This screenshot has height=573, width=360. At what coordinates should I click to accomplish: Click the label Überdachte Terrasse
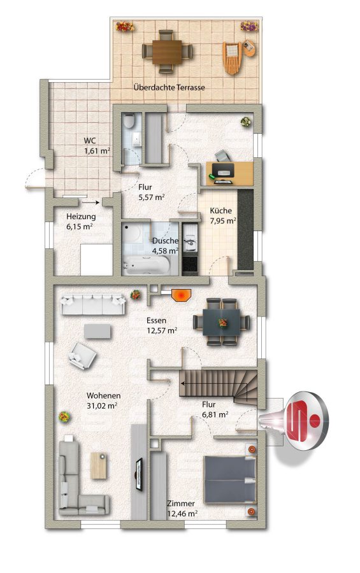169,88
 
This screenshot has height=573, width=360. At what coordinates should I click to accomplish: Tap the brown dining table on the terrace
167,52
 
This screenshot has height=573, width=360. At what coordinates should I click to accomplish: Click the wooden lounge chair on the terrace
232,57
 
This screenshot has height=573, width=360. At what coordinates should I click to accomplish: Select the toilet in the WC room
129,121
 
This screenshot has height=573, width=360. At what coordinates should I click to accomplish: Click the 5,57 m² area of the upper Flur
151,197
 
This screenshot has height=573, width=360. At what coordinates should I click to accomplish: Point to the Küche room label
220,211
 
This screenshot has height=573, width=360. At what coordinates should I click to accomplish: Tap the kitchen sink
189,243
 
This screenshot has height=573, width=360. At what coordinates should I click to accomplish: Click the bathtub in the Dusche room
146,265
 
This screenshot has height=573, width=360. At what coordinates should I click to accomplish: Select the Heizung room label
81,216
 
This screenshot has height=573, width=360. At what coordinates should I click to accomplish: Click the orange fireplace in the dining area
181,295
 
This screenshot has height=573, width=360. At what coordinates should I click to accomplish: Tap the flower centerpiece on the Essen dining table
222,322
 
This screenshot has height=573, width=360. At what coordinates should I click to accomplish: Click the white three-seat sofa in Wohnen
93,304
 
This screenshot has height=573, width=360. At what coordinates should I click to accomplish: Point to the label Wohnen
103,395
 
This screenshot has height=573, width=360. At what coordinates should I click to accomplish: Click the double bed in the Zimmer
230,479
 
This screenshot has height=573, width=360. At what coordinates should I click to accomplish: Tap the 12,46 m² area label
182,513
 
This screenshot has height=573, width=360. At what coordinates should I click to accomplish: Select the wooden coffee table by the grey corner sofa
99,465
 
